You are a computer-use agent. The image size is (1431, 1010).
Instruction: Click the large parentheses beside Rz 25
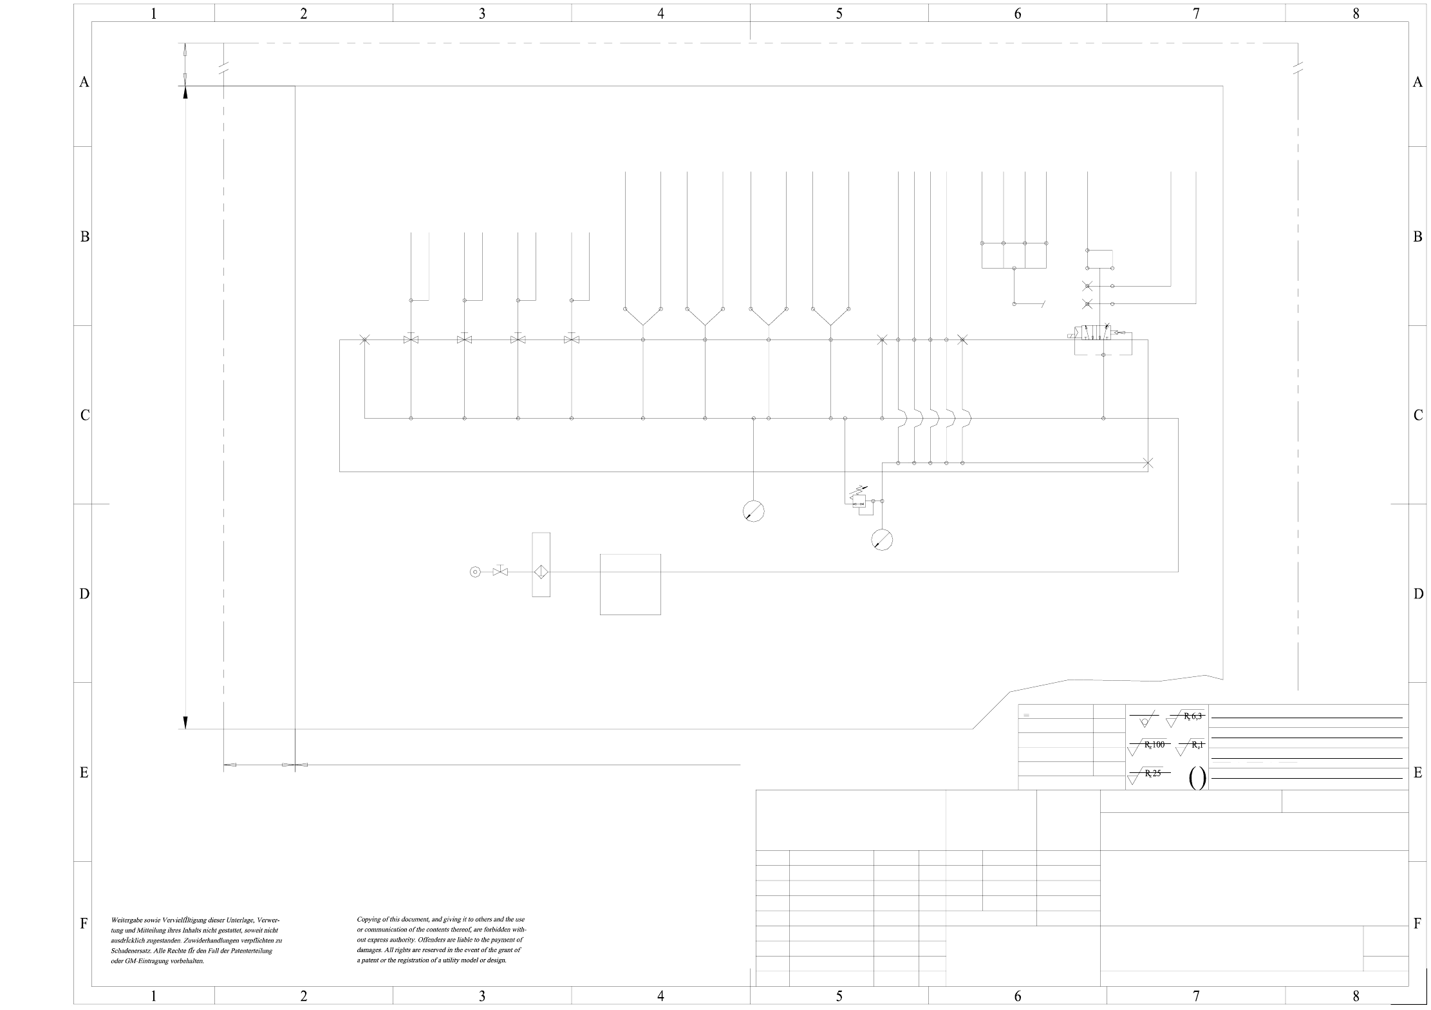(1197, 778)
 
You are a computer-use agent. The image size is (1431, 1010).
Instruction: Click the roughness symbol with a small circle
(1144, 720)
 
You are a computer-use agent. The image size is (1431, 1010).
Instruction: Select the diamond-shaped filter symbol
(541, 572)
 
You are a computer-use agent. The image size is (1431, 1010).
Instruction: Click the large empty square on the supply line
(630, 584)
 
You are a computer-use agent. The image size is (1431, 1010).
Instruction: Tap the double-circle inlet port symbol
(475, 571)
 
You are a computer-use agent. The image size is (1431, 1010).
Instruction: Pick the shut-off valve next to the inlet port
(500, 571)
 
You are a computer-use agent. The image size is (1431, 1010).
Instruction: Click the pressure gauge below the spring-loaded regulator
(882, 540)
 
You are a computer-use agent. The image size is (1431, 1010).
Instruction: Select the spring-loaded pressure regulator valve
(859, 500)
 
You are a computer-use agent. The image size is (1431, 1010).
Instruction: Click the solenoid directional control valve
(1102, 336)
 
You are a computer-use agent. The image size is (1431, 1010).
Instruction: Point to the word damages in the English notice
(369, 950)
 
